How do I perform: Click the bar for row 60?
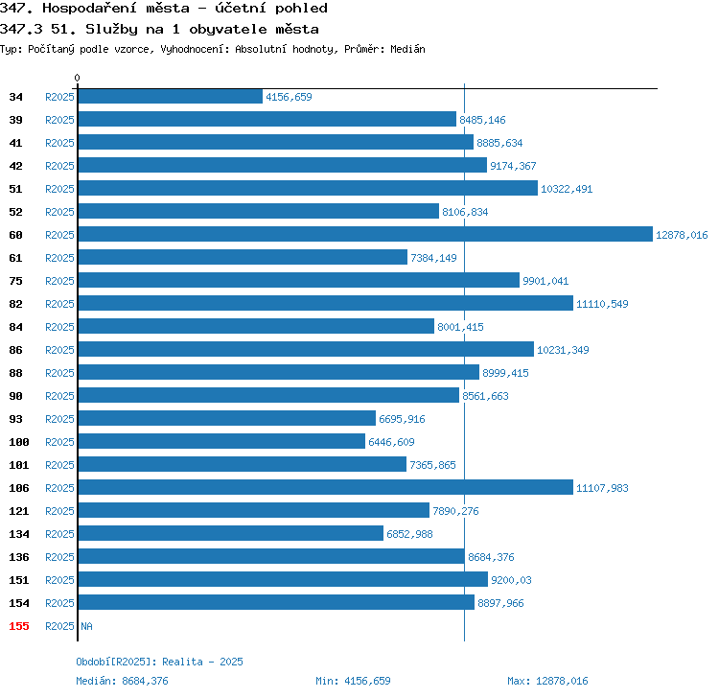pyautogui.click(x=365, y=234)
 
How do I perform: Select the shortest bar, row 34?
pyautogui.click(x=171, y=96)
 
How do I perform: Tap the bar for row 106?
pyautogui.click(x=326, y=487)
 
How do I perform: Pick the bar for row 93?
pyautogui.click(x=227, y=418)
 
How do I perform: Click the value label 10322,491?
pyautogui.click(x=567, y=189)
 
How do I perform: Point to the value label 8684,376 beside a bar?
pyautogui.click(x=491, y=557)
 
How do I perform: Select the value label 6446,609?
pyautogui.click(x=391, y=442)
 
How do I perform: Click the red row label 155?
pyautogui.click(x=19, y=626)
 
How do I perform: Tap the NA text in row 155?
pyautogui.click(x=86, y=626)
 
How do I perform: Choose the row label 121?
pyautogui.click(x=19, y=511)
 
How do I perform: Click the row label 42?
pyautogui.click(x=15, y=166)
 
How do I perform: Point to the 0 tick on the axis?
pyautogui.click(x=77, y=78)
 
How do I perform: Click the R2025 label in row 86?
pyautogui.click(x=59, y=350)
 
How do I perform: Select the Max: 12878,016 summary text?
pyautogui.click(x=547, y=681)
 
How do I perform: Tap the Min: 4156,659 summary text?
pyautogui.click(x=353, y=681)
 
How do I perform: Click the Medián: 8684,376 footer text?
pyautogui.click(x=122, y=681)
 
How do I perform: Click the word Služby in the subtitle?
pyautogui.click(x=111, y=30)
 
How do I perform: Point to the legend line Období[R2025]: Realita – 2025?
pyautogui.click(x=159, y=662)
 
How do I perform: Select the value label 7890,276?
pyautogui.click(x=455, y=511)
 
